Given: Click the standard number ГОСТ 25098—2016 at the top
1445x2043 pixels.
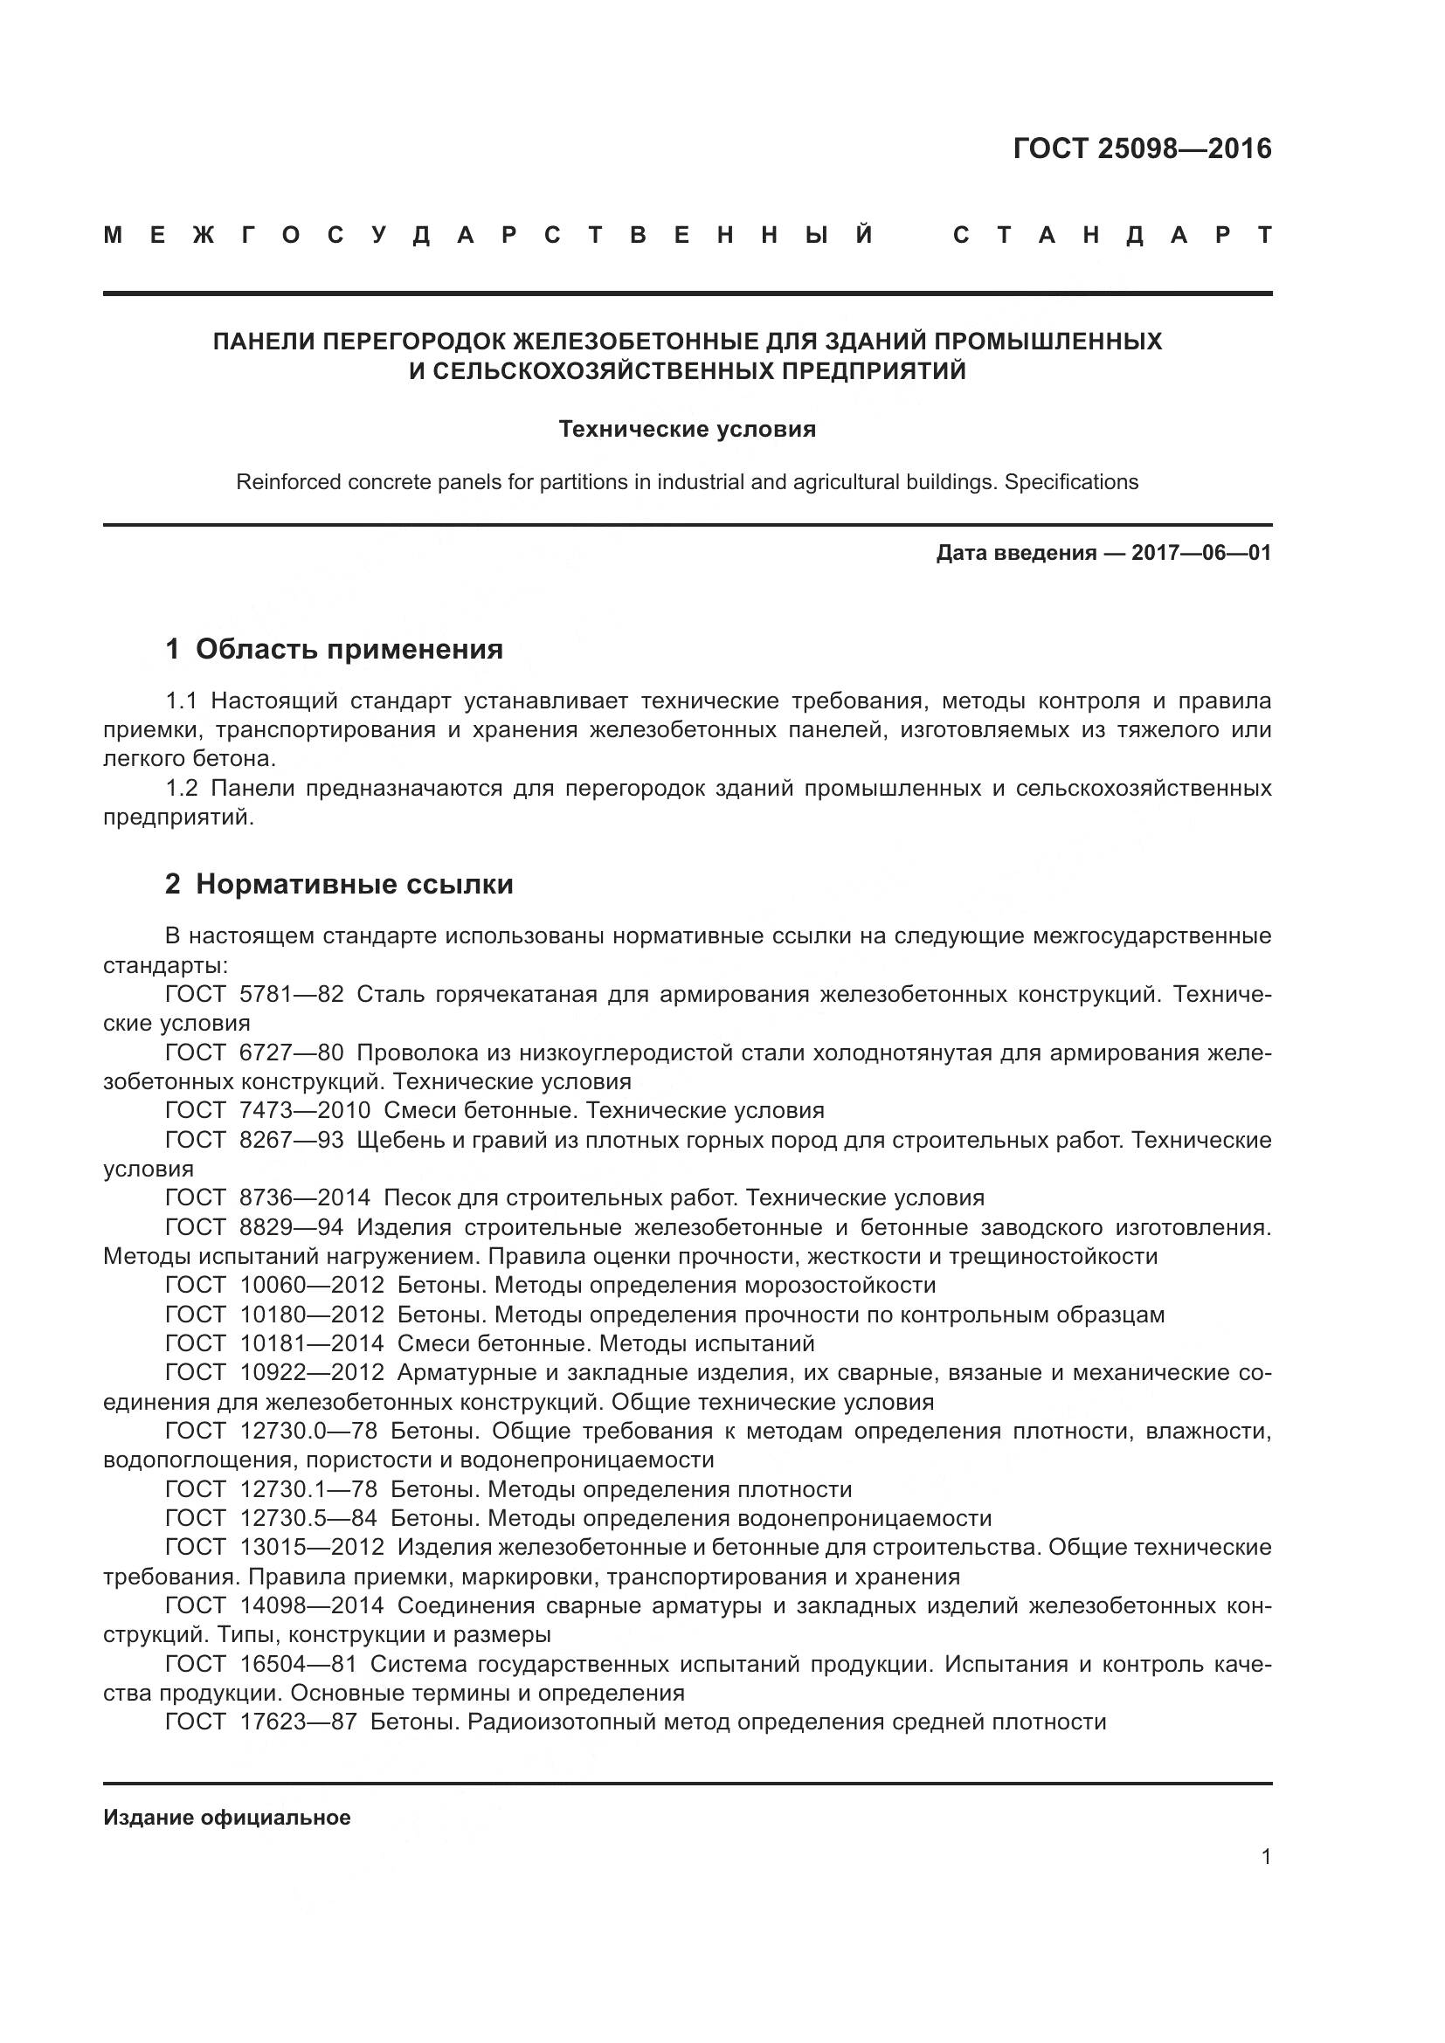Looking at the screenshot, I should [1142, 148].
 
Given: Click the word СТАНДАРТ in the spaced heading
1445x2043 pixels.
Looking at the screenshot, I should [1112, 236].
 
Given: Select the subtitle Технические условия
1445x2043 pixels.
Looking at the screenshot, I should [687, 430].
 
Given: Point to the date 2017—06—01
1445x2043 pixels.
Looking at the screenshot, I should [1200, 554].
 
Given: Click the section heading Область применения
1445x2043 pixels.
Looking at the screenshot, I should [349, 650].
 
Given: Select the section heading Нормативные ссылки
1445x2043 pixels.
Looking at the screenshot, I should [354, 885].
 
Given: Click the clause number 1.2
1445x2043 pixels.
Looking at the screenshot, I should [182, 789].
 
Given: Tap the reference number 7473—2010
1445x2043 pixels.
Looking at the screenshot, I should [304, 1110].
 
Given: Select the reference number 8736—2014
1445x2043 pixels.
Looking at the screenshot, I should [304, 1198].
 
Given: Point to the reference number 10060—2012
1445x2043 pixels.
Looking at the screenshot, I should [311, 1285].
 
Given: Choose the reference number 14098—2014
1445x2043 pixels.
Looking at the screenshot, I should [311, 1605].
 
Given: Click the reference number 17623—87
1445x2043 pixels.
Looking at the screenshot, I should [298, 1722].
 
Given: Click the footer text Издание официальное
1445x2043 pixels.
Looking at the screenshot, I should [227, 1818].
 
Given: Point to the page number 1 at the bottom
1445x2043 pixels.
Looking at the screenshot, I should [1266, 1857].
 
